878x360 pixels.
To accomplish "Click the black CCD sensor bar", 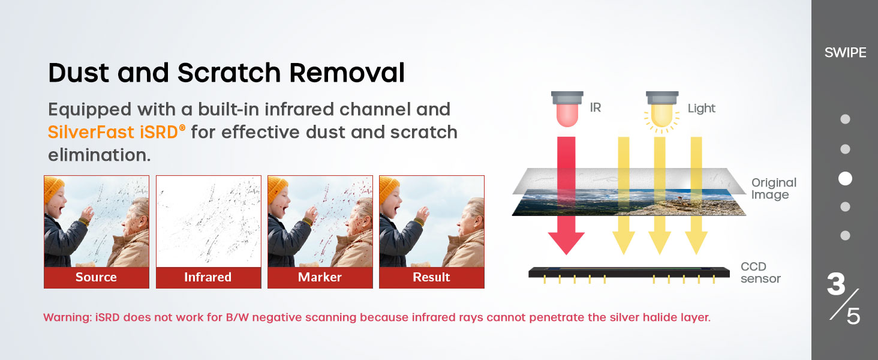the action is (x=629, y=272).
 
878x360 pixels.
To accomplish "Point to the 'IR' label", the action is (x=596, y=107).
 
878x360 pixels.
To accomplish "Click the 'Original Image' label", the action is (x=774, y=188).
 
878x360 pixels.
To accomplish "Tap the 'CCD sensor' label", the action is (x=760, y=272).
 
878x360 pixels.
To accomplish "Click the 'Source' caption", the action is (x=96, y=277).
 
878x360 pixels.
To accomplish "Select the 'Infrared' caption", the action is (x=208, y=277).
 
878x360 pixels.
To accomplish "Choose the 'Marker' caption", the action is (x=320, y=277).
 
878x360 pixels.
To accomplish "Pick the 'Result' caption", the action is (x=432, y=277).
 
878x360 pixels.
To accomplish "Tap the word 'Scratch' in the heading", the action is (x=229, y=73).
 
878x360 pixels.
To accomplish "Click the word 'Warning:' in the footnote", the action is (x=67, y=317).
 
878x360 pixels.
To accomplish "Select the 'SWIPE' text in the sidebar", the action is (x=846, y=53).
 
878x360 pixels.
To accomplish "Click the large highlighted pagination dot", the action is (x=845, y=178).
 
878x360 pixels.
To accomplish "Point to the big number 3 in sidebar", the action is (x=836, y=284).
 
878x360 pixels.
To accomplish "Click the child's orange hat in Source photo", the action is (x=53, y=188).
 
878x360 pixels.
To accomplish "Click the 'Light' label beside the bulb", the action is (x=701, y=108).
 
